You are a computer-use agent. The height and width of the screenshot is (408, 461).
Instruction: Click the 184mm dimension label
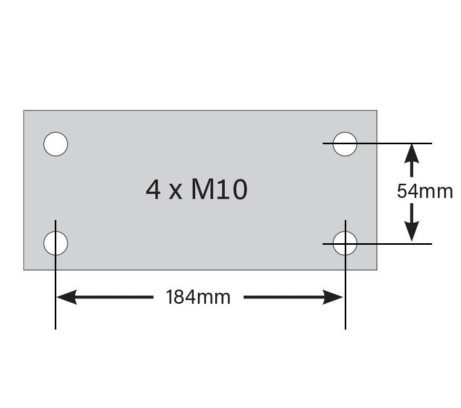pyautogui.click(x=198, y=297)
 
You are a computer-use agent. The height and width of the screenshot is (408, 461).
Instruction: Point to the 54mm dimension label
pyautogui.click(x=425, y=191)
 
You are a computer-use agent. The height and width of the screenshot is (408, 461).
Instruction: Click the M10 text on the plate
pyautogui.click(x=219, y=190)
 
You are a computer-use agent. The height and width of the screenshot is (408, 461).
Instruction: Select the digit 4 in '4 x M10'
pyautogui.click(x=153, y=190)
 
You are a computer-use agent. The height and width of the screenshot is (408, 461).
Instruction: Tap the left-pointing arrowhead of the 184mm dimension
pyautogui.click(x=66, y=297)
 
